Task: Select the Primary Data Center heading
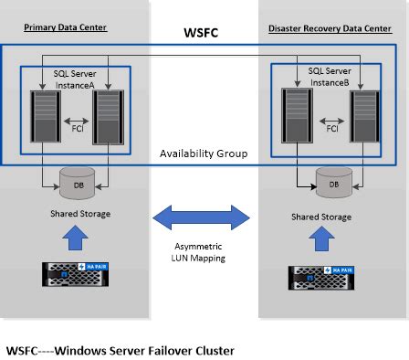pyautogui.click(x=61, y=26)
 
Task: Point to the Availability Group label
pyautogui.click(x=204, y=152)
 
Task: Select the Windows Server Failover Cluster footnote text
pyautogui.click(x=120, y=349)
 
